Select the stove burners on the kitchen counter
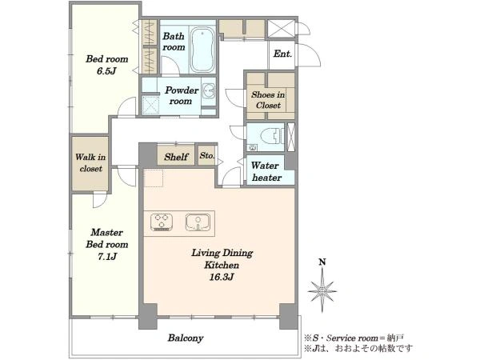click(162, 222)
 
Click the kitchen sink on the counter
click(198, 222)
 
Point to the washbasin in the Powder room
click(209, 91)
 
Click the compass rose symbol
click(322, 290)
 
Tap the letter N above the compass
click(322, 262)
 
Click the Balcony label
click(186, 338)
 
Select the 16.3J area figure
click(222, 277)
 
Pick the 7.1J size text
click(107, 257)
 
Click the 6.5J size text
click(107, 71)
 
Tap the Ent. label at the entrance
click(282, 54)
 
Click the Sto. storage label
click(207, 155)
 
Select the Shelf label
click(176, 157)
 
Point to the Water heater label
click(266, 171)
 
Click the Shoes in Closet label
click(268, 100)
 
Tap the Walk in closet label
click(90, 163)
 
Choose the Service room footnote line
click(354, 338)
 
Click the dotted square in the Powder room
click(150, 105)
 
